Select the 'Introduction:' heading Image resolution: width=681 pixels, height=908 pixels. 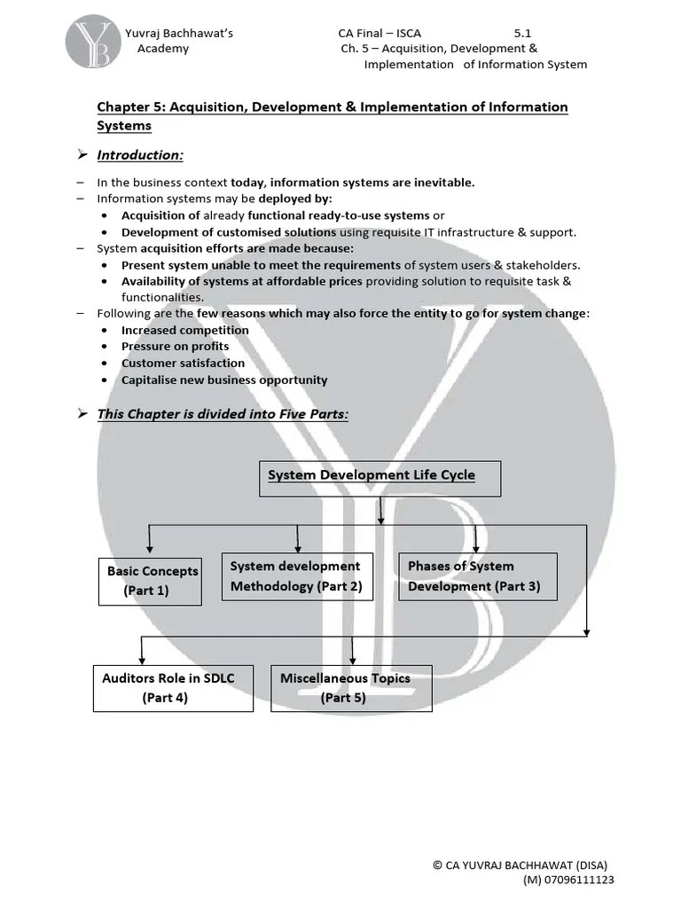(140, 155)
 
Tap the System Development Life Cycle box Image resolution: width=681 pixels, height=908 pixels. (380, 478)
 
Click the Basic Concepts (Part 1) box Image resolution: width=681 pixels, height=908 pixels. (150, 581)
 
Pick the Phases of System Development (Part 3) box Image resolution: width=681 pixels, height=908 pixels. (477, 576)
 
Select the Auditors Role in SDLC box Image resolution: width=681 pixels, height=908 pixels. (173, 688)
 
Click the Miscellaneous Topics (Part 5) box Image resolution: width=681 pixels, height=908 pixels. (351, 688)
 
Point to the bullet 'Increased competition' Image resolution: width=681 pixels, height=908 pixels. (184, 330)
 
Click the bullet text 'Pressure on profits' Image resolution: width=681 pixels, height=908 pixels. (175, 347)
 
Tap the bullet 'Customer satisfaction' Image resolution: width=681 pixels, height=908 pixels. (183, 363)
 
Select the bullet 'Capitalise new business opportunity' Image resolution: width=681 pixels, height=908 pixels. (223, 380)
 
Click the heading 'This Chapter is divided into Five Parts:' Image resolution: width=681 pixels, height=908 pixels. (223, 415)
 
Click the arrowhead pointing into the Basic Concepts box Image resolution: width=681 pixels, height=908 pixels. (150, 552)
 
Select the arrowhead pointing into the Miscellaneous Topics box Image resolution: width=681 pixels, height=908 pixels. (353, 661)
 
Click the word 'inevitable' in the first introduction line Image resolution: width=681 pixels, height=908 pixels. (442, 183)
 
